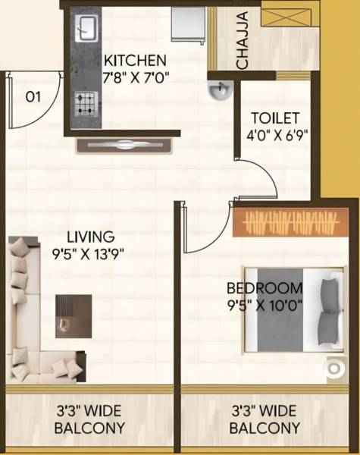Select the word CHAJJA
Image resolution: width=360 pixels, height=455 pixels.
[x=243, y=42]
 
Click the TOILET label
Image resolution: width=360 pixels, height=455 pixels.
[x=276, y=119]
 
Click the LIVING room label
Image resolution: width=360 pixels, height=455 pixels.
[x=89, y=236]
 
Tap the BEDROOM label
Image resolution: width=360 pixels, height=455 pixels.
[x=265, y=288]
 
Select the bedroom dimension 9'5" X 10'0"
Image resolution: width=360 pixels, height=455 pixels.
[x=265, y=306]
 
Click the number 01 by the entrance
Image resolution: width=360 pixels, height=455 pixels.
[x=33, y=97]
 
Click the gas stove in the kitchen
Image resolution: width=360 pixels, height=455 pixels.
[x=86, y=102]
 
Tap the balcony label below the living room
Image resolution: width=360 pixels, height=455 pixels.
[x=89, y=420]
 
